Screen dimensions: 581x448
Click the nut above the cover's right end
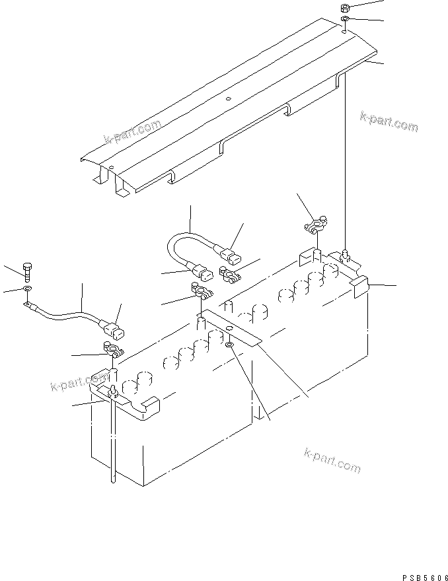(344, 8)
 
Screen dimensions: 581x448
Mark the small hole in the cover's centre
(228, 100)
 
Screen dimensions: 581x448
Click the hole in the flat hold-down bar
(228, 328)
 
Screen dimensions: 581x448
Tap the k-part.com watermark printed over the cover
(133, 132)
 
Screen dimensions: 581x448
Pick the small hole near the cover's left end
(112, 166)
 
